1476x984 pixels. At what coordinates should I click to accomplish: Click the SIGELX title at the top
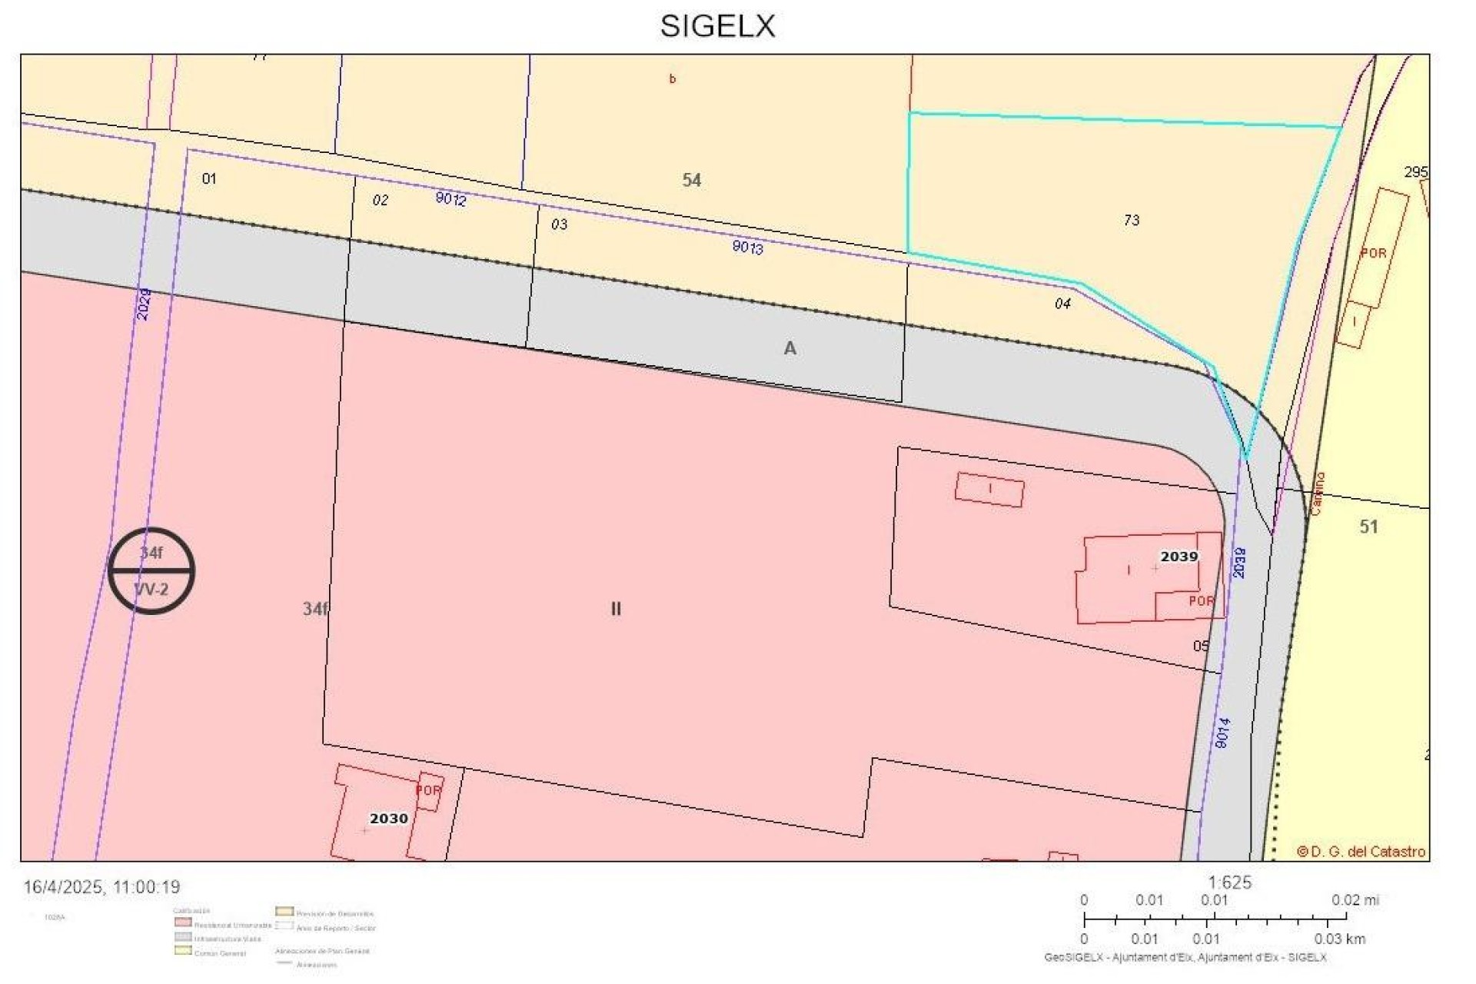[x=717, y=26]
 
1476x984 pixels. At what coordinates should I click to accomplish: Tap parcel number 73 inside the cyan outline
[x=1131, y=221]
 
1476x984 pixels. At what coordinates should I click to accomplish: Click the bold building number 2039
[x=1178, y=557]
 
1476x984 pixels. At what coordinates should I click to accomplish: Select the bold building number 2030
[x=388, y=819]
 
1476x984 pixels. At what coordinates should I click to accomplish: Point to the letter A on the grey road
[x=790, y=349]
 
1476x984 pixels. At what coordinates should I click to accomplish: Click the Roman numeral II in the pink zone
[x=616, y=609]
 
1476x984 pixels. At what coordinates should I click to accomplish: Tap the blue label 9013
[x=747, y=247]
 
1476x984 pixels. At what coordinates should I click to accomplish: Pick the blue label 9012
[x=450, y=199]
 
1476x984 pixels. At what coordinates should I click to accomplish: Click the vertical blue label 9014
[x=1223, y=732]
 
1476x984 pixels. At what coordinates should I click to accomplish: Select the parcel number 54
[x=692, y=180]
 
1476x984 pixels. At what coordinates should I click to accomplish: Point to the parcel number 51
[x=1368, y=527]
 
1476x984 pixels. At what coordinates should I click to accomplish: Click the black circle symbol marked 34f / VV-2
[x=151, y=571]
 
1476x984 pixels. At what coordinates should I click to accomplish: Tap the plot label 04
[x=1062, y=304]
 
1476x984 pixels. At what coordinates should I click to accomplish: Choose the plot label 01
[x=209, y=179]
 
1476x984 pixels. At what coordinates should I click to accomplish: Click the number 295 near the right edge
[x=1415, y=171]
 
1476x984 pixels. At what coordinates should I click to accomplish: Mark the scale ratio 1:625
[x=1230, y=883]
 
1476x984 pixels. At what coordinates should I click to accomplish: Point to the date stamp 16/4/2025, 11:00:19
[x=101, y=887]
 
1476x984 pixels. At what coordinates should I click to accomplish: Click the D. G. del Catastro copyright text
[x=1361, y=852]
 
